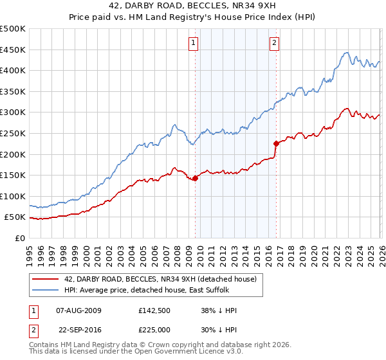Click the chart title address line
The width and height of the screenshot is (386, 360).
193,6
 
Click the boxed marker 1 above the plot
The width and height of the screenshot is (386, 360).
194,43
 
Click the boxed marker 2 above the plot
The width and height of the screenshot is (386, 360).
274,43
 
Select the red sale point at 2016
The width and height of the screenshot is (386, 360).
277,143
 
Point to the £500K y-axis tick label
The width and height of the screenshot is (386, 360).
13,29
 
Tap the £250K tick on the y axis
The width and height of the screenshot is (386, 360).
13,133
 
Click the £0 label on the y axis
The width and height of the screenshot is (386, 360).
19,238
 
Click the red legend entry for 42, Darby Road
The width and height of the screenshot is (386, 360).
160,278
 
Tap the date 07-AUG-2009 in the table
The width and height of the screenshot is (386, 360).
79,310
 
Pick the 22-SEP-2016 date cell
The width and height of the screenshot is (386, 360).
79,329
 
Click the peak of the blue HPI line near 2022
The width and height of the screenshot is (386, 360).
346,53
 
